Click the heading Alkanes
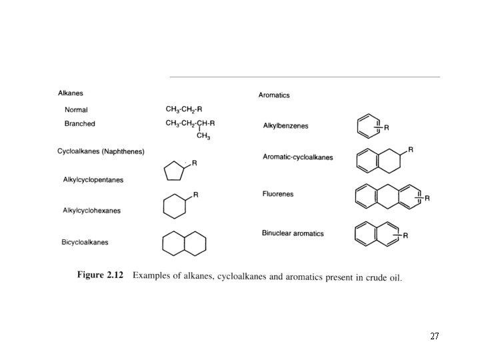[x=71, y=93]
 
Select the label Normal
[x=76, y=110]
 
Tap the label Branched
[x=79, y=123]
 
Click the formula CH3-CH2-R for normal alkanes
[x=183, y=109]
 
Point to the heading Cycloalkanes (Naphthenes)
[x=101, y=152]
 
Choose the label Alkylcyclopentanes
[x=93, y=180]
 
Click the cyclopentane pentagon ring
[x=173, y=172]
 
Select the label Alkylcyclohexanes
[x=91, y=211]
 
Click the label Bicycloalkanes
[x=85, y=242]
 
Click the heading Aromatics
[x=274, y=95]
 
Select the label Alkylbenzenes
[x=285, y=126]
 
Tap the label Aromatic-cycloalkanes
[x=297, y=157]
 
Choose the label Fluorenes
[x=277, y=194]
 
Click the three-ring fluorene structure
[x=387, y=197]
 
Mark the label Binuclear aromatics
[x=293, y=233]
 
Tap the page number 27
[x=434, y=337]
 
